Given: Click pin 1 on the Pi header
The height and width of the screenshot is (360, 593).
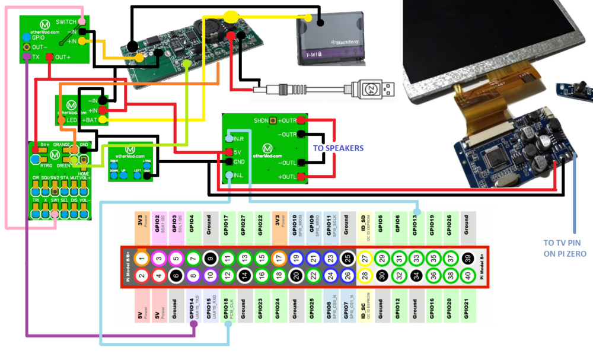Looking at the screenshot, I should [x=141, y=258].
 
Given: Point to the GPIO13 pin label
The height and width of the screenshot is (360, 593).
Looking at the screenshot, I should [x=417, y=227].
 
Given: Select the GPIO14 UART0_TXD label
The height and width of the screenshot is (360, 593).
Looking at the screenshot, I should [x=193, y=307].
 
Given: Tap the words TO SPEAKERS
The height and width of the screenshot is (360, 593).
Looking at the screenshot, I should [x=339, y=148].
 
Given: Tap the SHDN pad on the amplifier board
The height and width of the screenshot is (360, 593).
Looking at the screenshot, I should [x=273, y=121].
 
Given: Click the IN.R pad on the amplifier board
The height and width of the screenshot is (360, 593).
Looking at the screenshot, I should [x=229, y=139].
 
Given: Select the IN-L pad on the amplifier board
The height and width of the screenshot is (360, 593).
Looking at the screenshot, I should [x=229, y=175].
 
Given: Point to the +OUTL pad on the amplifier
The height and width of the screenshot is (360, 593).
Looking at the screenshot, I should [x=301, y=177].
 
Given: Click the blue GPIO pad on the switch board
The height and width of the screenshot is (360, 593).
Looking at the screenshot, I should [x=26, y=37].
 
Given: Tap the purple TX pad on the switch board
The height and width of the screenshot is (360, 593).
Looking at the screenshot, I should [x=26, y=57].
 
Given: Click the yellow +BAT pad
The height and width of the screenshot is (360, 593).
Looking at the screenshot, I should [x=103, y=120].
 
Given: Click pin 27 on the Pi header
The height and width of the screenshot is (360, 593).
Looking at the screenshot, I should [x=365, y=258].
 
